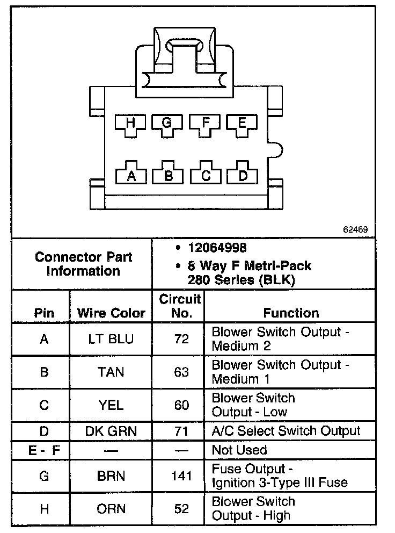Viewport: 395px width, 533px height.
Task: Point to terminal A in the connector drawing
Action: tap(130, 175)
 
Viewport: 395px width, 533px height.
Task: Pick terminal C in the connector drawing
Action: tap(205, 175)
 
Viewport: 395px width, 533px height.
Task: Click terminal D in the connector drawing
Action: tap(242, 175)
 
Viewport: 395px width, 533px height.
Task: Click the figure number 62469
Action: tap(355, 229)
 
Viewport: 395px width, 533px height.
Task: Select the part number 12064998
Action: tap(217, 248)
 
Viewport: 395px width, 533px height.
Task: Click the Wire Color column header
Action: tap(111, 313)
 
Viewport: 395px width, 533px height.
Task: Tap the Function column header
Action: tap(291, 313)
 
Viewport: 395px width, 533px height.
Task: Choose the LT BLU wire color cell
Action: tap(111, 339)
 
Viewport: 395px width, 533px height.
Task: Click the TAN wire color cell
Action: tap(111, 372)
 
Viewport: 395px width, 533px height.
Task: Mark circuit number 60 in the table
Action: tap(181, 405)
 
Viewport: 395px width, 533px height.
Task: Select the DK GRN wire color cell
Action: tap(111, 431)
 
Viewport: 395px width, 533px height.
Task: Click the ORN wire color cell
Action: tap(111, 508)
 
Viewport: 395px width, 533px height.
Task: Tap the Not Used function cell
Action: tap(239, 450)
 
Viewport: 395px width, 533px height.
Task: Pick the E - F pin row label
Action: tap(44, 450)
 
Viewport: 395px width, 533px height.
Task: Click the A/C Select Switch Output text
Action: tap(286, 431)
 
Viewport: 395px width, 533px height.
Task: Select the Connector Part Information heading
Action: tap(83, 264)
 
